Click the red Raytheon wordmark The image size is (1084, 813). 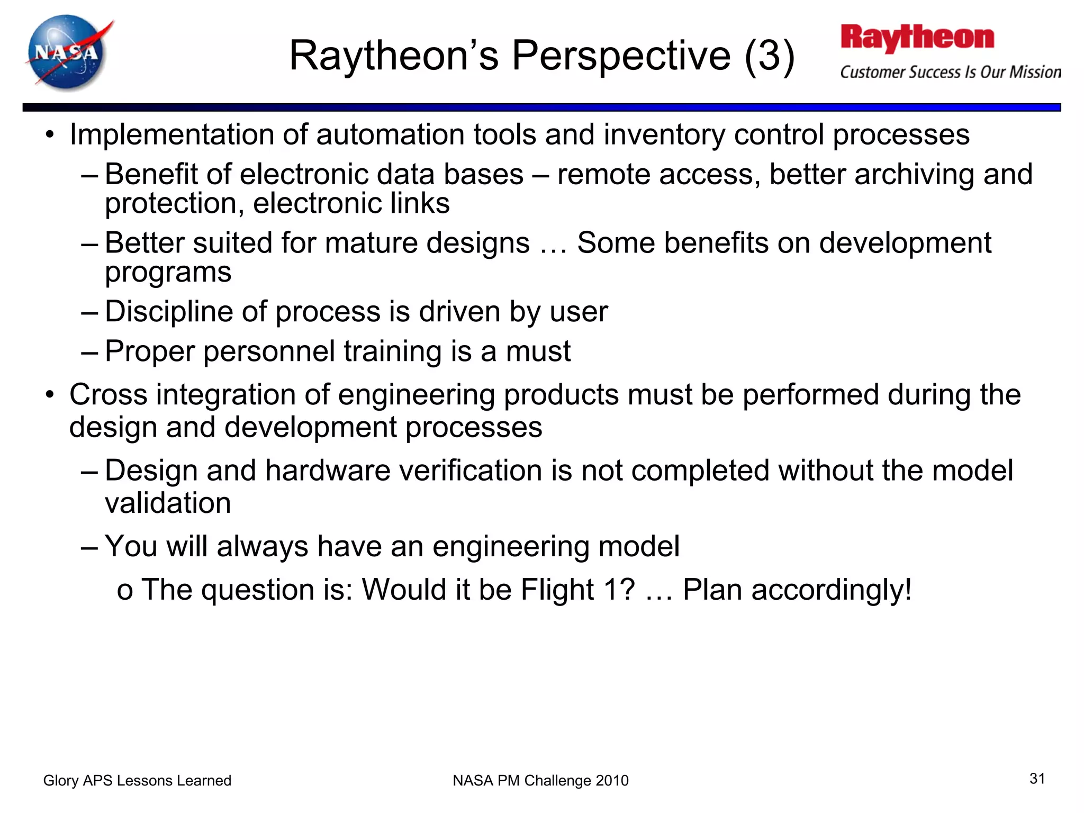pyautogui.click(x=917, y=38)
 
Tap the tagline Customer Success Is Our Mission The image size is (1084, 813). pyautogui.click(x=950, y=72)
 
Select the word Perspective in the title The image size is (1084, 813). pyautogui.click(x=621, y=56)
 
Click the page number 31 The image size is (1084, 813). pyautogui.click(x=1037, y=779)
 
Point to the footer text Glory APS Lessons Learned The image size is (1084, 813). pyautogui.click(x=137, y=780)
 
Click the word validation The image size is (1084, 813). pyautogui.click(x=168, y=503)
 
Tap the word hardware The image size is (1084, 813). pyautogui.click(x=328, y=471)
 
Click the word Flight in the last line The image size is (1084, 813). pyautogui.click(x=557, y=590)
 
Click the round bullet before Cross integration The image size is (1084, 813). pyautogui.click(x=50, y=395)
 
